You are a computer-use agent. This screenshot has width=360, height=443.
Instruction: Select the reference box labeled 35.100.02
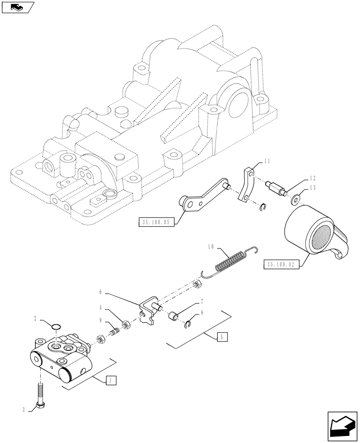[282, 264]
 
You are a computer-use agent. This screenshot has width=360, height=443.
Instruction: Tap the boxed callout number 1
[111, 380]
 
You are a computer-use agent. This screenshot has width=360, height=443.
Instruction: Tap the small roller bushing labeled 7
[173, 317]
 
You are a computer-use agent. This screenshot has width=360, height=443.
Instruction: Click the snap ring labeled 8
[188, 325]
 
